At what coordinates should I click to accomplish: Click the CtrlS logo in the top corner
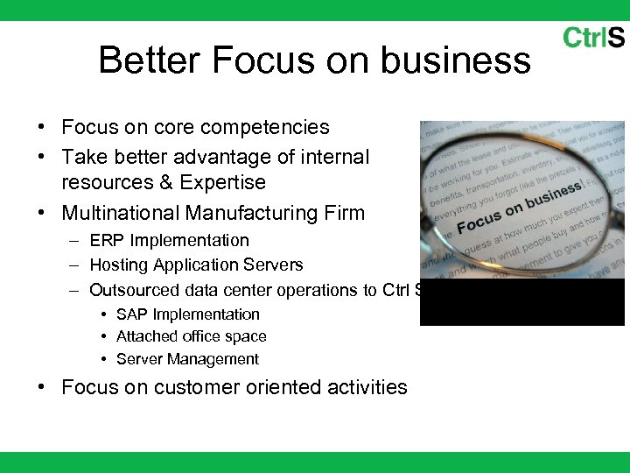[x=593, y=38]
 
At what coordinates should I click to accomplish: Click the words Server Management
[x=187, y=359]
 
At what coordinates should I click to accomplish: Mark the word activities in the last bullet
[x=367, y=387]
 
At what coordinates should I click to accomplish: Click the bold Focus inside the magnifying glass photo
[x=479, y=220]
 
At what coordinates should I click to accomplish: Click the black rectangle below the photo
[x=522, y=303]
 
